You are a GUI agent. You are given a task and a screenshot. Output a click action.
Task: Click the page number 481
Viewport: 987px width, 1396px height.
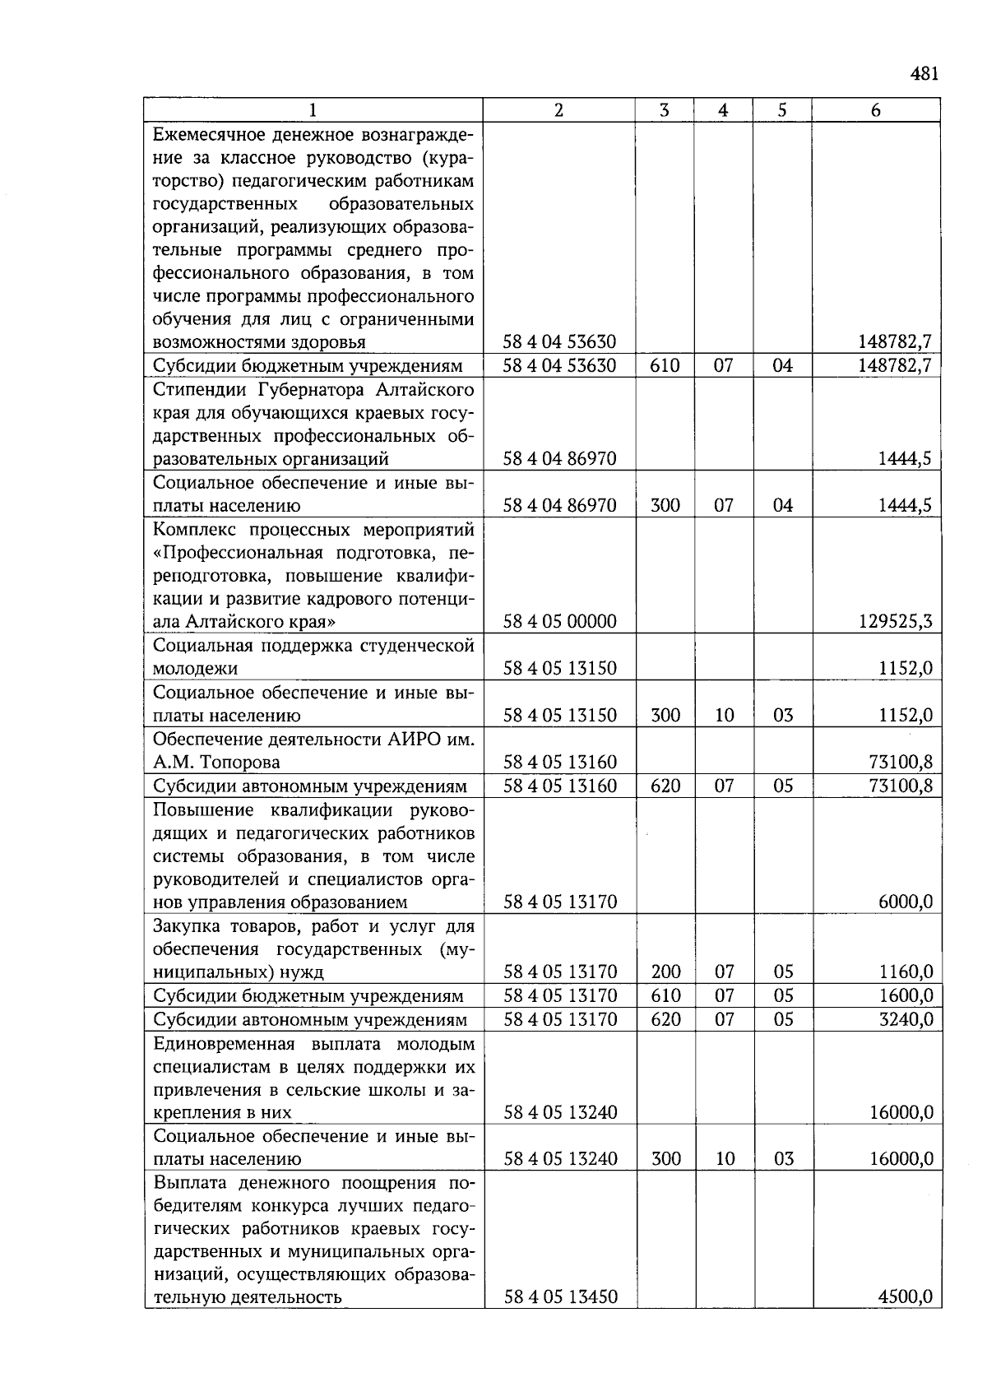click(924, 75)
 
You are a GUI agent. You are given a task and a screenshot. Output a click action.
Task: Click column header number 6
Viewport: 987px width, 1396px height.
click(875, 110)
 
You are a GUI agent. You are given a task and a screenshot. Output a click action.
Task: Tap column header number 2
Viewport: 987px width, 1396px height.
click(558, 110)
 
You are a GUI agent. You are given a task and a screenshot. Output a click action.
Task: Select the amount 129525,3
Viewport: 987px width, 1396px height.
click(896, 621)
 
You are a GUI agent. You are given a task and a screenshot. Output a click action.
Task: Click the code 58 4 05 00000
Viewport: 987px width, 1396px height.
click(559, 621)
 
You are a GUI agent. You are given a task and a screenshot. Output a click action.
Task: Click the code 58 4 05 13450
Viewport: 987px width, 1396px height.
click(559, 1297)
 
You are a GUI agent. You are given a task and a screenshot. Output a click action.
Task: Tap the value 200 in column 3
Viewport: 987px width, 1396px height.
click(665, 972)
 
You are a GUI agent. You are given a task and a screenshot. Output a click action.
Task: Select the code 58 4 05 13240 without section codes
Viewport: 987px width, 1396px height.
click(559, 1113)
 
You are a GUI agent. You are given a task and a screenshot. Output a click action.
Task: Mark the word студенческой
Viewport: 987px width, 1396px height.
click(418, 646)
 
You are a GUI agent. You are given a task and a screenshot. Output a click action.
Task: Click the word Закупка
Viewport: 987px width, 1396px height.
click(187, 926)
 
